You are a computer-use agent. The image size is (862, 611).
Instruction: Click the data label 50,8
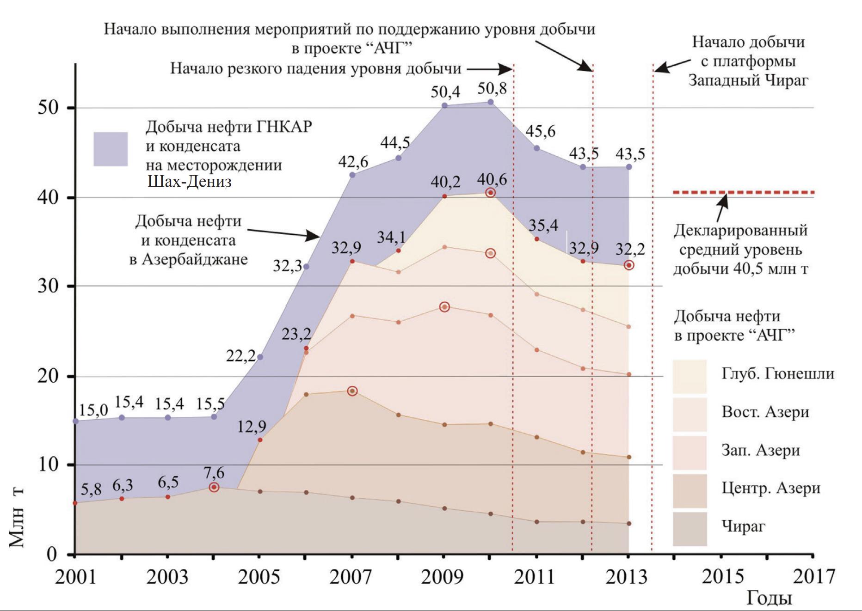(492, 88)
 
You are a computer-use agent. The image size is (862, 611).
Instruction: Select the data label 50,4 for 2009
(445, 92)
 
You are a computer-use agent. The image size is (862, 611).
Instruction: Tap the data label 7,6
(214, 473)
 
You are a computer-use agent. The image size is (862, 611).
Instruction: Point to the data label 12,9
(252, 427)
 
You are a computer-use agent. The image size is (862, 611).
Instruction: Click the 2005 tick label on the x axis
(259, 577)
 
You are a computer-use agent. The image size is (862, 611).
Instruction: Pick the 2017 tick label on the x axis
(813, 577)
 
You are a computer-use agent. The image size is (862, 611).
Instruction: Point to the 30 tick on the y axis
(48, 287)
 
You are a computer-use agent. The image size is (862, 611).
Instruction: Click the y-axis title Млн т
(17, 518)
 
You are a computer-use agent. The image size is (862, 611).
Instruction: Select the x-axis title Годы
(769, 598)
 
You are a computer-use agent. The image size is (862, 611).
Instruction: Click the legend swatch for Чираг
(690, 529)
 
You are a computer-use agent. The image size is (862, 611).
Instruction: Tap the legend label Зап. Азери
(761, 450)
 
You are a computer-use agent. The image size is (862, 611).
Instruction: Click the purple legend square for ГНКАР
(111, 149)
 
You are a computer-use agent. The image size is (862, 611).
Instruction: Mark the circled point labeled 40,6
(491, 192)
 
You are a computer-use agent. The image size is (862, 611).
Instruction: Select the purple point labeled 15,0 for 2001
(76, 421)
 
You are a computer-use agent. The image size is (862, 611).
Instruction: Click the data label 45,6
(540, 131)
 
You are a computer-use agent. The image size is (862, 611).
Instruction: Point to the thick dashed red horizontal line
(743, 192)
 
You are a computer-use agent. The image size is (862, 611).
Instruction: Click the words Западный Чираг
(748, 80)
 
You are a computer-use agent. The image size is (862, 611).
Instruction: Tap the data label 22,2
(240, 356)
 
